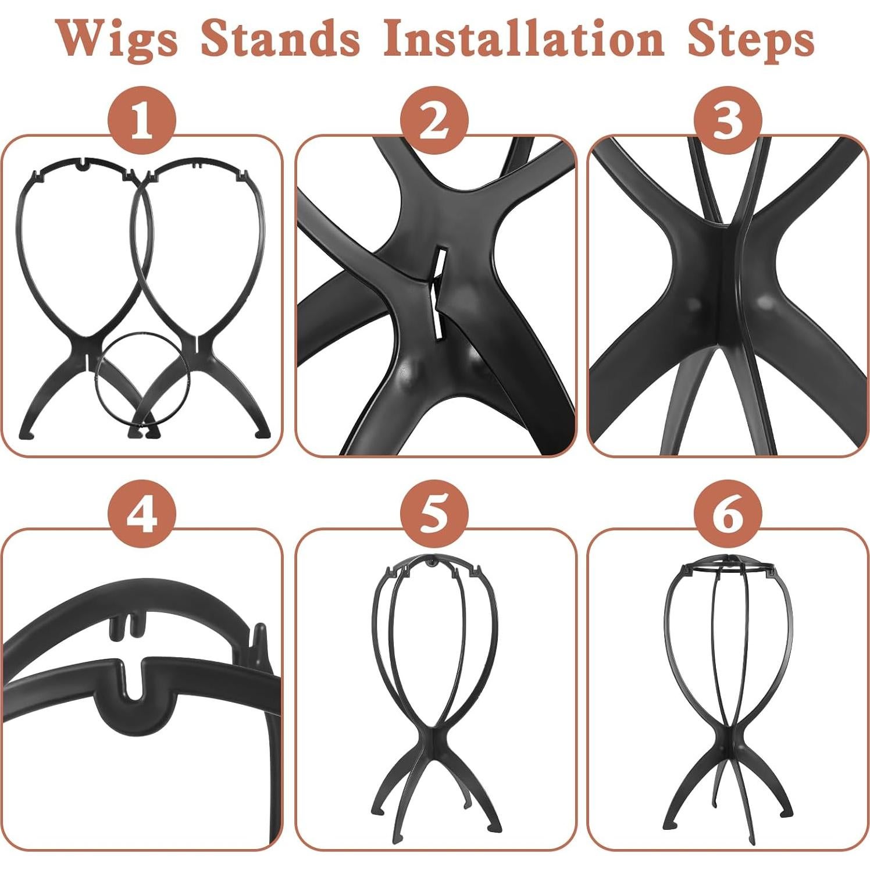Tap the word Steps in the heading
click(x=750, y=38)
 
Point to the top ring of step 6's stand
click(x=728, y=567)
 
